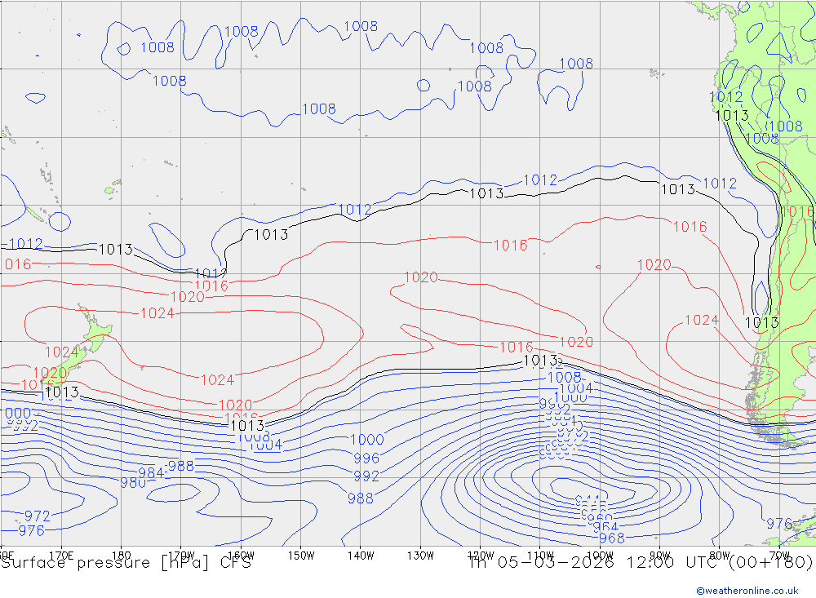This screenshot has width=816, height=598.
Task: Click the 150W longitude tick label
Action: pyautogui.click(x=301, y=556)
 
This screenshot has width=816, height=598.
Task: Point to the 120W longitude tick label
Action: pyautogui.click(x=480, y=556)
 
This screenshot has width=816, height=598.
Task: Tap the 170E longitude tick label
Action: pyautogui.click(x=61, y=556)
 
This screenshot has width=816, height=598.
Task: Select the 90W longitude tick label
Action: pyautogui.click(x=659, y=556)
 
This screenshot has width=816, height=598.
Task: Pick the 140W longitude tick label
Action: pyautogui.click(x=361, y=556)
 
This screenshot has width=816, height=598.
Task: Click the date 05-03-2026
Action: pyautogui.click(x=555, y=563)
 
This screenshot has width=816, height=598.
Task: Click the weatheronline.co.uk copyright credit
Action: pyautogui.click(x=747, y=591)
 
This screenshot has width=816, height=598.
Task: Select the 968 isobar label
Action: pyautogui.click(x=611, y=538)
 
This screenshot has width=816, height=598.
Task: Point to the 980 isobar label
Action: pyautogui.click(x=133, y=482)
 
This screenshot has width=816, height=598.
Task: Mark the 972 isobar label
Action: pyautogui.click(x=37, y=516)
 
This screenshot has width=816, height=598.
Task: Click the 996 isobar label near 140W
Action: pyautogui.click(x=366, y=458)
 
